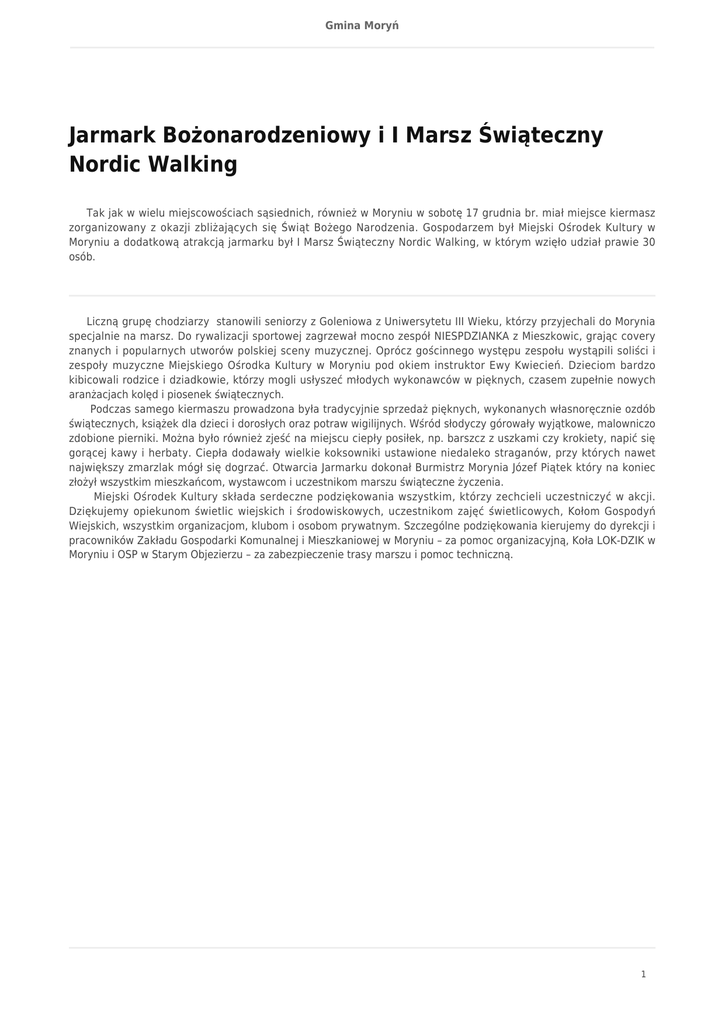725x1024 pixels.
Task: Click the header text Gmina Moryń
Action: tap(362, 25)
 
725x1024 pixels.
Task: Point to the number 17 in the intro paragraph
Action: tap(473, 212)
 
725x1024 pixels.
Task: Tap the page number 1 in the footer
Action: tap(643, 974)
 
